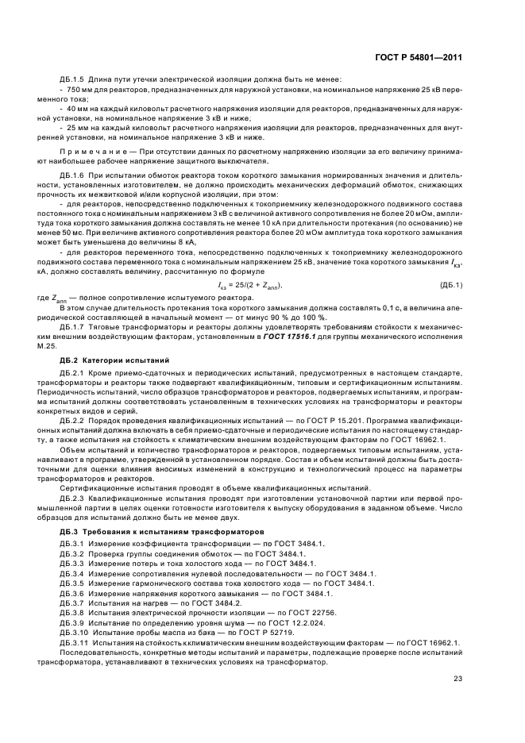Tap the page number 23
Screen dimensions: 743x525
(458, 676)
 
